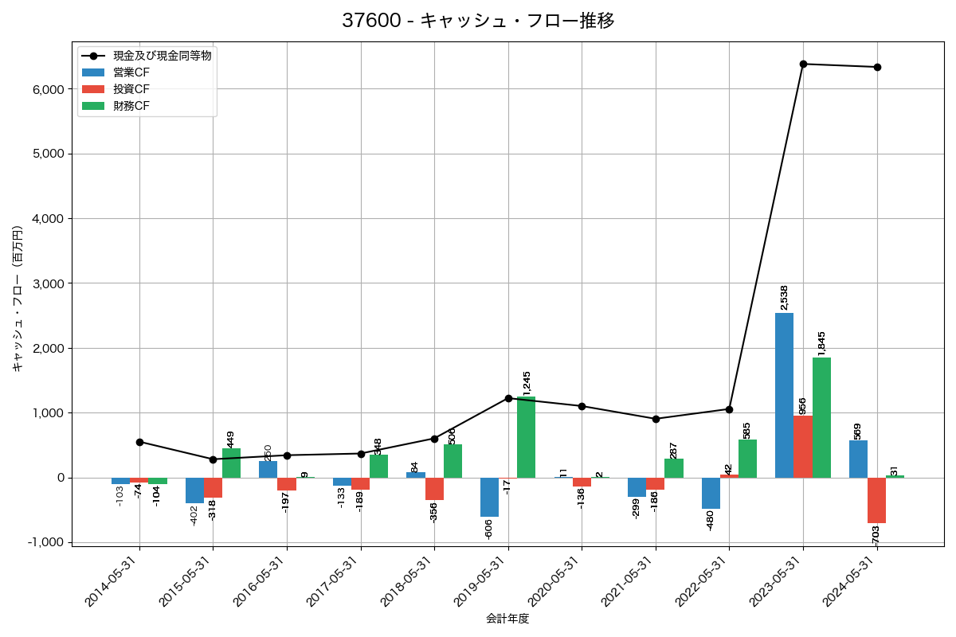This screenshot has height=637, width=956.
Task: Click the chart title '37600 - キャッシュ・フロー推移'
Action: click(478, 21)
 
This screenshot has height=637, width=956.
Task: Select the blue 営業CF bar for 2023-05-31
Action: click(784, 395)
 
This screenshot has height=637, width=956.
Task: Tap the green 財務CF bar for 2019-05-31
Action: click(526, 437)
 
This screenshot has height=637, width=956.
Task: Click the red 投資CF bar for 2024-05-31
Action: click(877, 500)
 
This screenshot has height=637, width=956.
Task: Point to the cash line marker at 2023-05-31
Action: click(803, 64)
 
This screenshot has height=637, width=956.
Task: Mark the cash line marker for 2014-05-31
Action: click(139, 442)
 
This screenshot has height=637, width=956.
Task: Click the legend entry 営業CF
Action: click(131, 72)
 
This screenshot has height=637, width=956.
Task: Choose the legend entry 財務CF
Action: click(131, 105)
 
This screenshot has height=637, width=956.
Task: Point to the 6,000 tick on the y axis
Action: click(47, 89)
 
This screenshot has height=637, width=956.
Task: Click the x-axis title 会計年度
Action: click(507, 619)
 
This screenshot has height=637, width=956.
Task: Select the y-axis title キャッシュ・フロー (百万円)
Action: click(18, 299)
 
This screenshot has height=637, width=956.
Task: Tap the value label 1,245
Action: click(527, 383)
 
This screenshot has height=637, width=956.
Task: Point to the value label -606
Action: click(488, 529)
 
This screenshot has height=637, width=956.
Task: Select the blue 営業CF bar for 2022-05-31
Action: click(711, 493)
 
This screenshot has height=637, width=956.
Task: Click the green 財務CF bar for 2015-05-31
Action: click(231, 463)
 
